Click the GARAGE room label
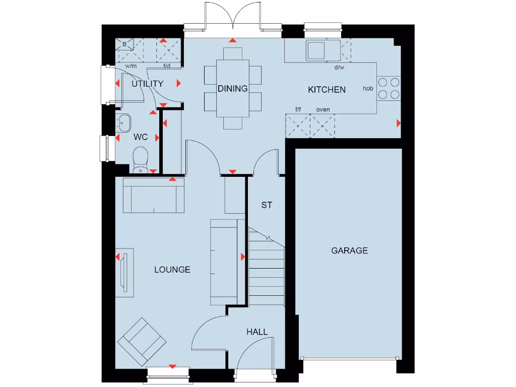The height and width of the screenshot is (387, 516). (x=349, y=250)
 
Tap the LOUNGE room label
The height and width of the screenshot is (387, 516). (x=172, y=270)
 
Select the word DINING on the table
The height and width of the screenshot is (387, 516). (x=233, y=89)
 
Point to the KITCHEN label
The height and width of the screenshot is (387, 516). (x=327, y=90)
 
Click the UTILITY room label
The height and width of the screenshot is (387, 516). (x=148, y=84)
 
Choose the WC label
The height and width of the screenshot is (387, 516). (x=141, y=137)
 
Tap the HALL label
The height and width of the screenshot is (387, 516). (x=257, y=332)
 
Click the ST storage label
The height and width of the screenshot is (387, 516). (x=267, y=205)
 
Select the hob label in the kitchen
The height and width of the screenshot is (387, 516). (x=368, y=89)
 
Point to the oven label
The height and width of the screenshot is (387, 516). (x=323, y=109)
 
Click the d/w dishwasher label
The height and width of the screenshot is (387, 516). (x=339, y=67)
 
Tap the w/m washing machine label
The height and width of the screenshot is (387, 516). (x=131, y=66)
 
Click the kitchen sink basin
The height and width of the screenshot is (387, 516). (x=316, y=50)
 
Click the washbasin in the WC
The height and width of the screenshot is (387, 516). (x=123, y=121)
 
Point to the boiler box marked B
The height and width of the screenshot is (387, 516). (x=124, y=45)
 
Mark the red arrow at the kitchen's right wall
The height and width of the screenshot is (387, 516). (x=399, y=123)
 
